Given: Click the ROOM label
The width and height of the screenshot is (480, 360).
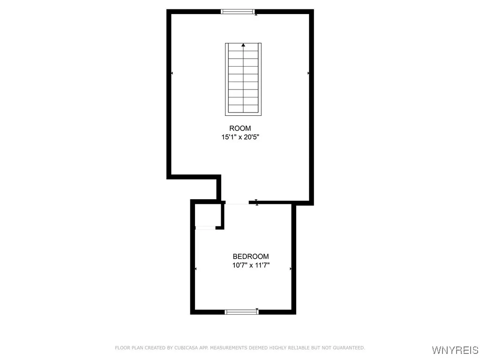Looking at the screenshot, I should (240, 128).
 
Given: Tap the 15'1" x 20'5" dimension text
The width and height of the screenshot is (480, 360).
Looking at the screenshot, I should (240, 137).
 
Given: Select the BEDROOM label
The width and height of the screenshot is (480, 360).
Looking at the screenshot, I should (251, 256).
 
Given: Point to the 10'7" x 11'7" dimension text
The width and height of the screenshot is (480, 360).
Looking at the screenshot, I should (251, 265).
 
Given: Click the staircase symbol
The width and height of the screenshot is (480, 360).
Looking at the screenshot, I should (243, 79).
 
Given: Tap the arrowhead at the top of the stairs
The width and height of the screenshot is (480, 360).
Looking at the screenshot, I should (243, 45).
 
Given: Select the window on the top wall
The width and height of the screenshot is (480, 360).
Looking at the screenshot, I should (238, 11).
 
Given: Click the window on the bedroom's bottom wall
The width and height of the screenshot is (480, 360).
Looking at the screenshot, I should (242, 312).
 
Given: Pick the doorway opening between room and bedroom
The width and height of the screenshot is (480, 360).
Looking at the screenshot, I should (237, 203).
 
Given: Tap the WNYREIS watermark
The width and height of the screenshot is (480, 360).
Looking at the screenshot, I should (455, 350).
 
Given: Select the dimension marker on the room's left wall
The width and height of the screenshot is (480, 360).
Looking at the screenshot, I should (172, 73).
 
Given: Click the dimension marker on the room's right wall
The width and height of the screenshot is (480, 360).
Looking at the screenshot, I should (308, 73).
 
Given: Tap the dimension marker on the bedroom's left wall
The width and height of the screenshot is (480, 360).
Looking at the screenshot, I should (195, 269).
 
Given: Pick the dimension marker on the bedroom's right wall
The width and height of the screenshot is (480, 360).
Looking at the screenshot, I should (291, 269).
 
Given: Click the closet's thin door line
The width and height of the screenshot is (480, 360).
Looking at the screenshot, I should (205, 228).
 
